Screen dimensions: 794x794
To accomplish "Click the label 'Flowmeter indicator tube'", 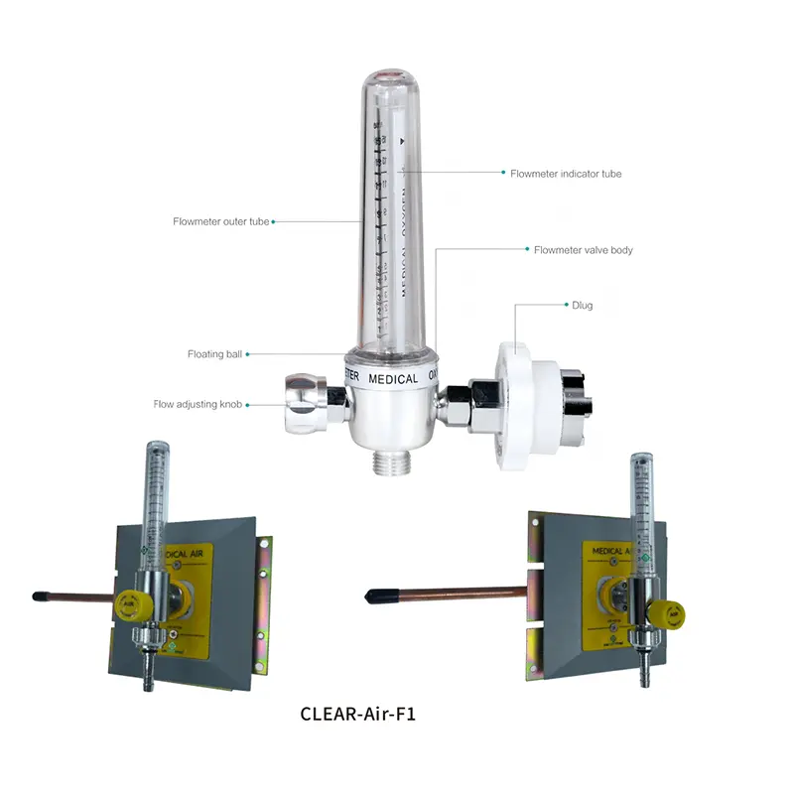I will click(x=566, y=174).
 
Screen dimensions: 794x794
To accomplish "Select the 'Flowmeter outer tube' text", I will click(x=220, y=222).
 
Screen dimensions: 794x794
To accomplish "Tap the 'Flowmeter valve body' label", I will click(x=583, y=250).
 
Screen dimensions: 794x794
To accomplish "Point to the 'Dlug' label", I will click(x=583, y=306).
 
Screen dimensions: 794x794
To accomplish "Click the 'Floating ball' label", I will click(x=214, y=354).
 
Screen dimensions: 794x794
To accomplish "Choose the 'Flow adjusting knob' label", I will click(x=198, y=405).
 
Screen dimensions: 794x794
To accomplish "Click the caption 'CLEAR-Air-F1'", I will click(x=357, y=714).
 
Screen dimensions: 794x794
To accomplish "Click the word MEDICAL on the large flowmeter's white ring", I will click(x=393, y=379).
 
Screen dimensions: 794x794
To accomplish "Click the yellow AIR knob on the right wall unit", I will click(x=674, y=614).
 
